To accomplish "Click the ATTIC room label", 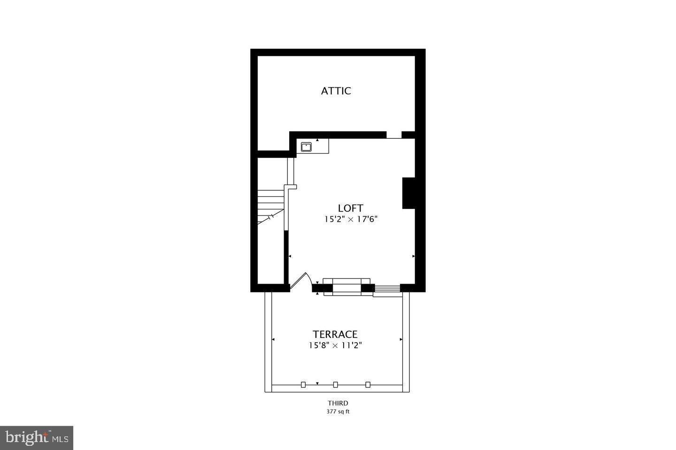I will (336, 91).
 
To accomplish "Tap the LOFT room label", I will (351, 208).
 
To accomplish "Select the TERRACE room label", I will (335, 334).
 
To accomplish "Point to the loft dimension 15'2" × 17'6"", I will (351, 219).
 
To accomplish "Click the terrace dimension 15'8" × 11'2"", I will (335, 345).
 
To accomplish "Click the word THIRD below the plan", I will (338, 403).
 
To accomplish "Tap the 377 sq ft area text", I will (338, 412).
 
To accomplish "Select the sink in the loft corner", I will (306, 147).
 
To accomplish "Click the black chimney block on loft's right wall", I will (408, 193).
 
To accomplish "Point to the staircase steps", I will (270, 202).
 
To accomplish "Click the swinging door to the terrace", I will (300, 282).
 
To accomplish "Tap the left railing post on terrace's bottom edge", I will (303, 385).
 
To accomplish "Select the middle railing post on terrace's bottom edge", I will (336, 385).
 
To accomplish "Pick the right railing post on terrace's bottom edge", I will (368, 385).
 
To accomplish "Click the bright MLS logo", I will (36, 438).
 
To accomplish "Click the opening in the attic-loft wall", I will (394, 135).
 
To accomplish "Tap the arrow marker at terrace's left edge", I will (273, 339).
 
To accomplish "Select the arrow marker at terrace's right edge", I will (401, 339).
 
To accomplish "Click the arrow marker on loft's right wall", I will (413, 256).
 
